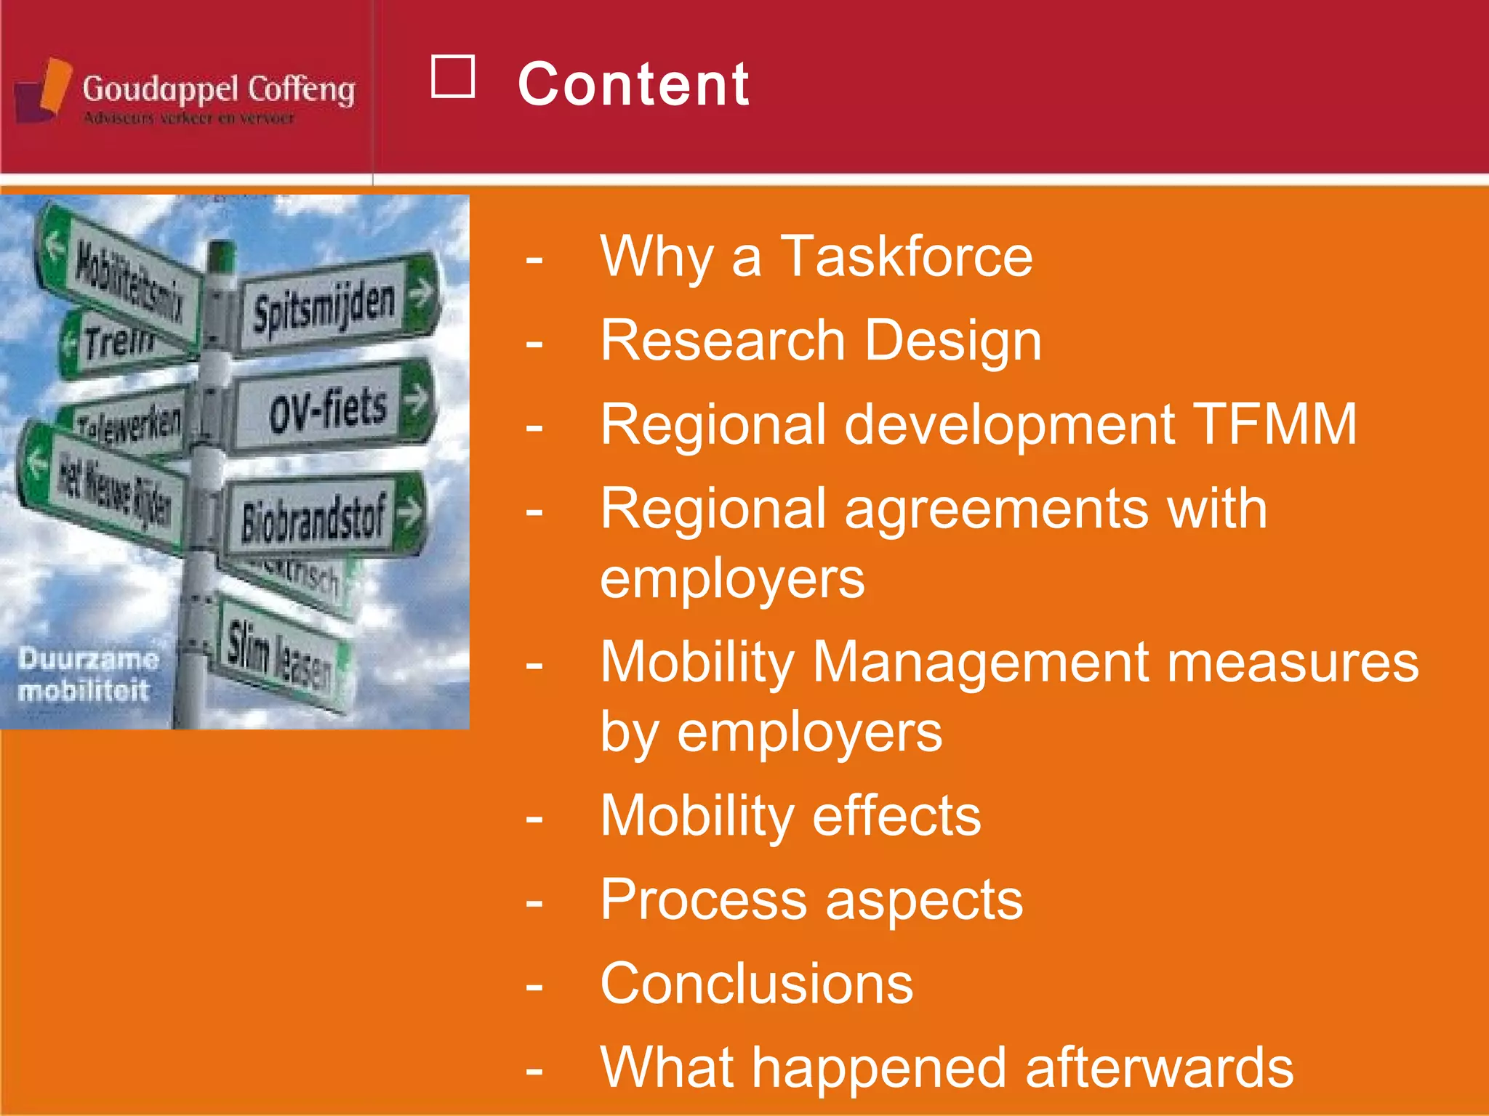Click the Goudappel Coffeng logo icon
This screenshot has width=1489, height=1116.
point(44,90)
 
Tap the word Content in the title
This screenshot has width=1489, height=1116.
point(633,84)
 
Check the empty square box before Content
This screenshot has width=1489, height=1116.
point(453,76)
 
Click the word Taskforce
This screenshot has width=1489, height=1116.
point(906,256)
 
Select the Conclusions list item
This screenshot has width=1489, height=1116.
point(756,984)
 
